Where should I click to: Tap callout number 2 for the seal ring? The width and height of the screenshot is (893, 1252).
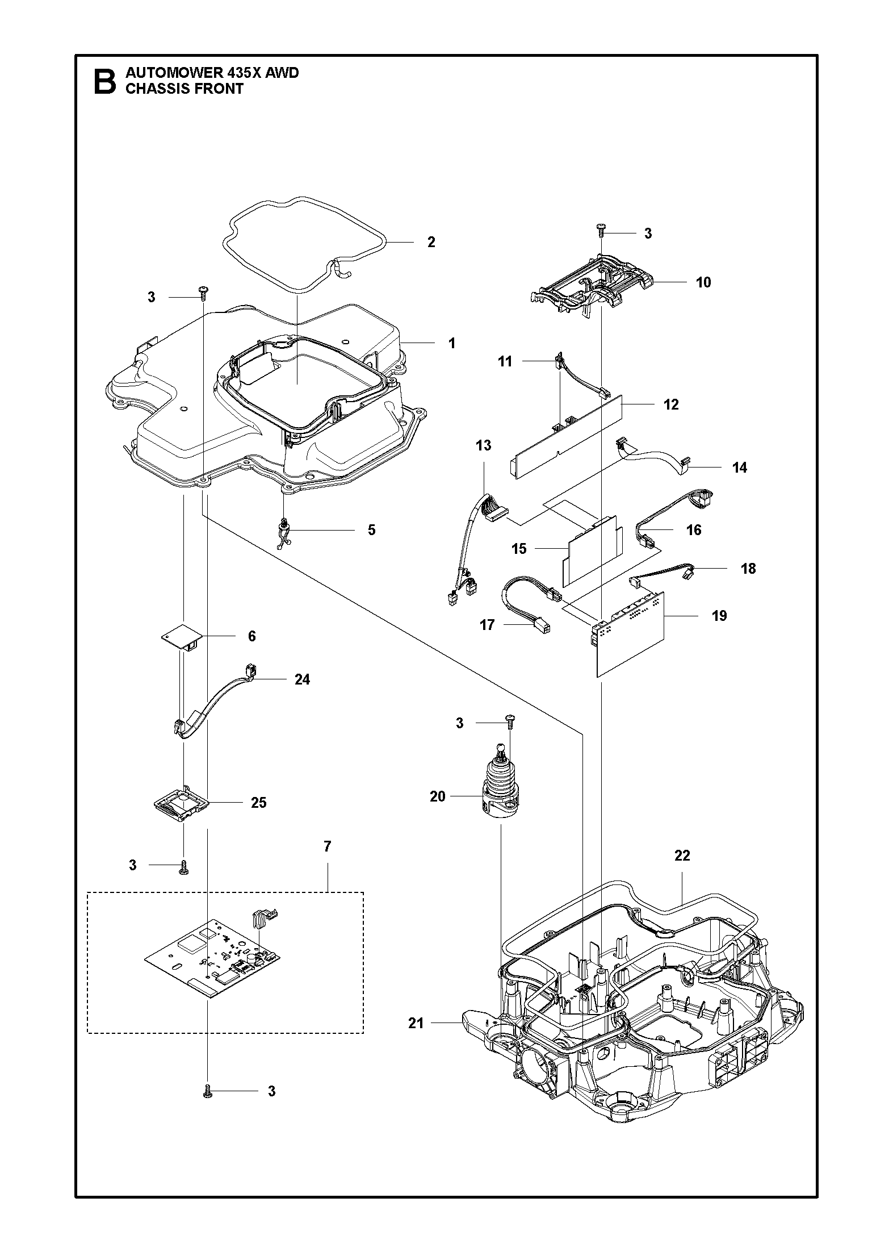point(431,242)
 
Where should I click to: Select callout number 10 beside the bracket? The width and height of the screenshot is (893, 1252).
point(703,282)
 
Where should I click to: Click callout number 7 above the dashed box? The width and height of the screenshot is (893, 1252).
point(327,862)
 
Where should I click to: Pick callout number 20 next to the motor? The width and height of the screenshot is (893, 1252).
point(437,796)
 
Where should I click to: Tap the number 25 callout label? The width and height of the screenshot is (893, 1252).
point(258,802)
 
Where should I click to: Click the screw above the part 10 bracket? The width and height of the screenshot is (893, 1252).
point(601,230)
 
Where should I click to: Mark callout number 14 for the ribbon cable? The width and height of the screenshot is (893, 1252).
point(739,468)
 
